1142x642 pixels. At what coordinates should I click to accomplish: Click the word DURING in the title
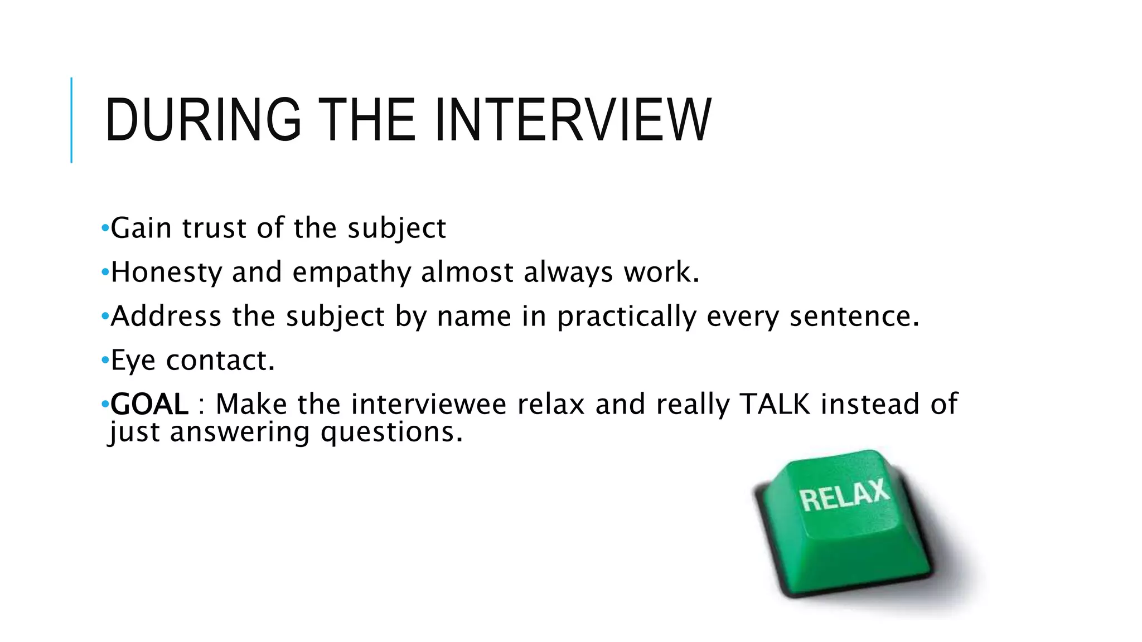(x=203, y=120)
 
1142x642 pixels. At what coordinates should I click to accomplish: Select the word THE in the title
(x=369, y=120)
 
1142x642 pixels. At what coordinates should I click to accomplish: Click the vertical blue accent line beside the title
(x=71, y=120)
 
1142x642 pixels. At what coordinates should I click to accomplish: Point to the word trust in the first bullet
(x=214, y=228)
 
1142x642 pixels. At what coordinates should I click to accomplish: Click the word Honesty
(x=166, y=273)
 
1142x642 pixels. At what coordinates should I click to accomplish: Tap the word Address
(x=166, y=316)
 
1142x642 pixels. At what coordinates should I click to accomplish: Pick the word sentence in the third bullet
(x=854, y=316)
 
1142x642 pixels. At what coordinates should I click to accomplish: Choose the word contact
(x=220, y=361)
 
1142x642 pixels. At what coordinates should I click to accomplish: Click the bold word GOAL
(x=149, y=404)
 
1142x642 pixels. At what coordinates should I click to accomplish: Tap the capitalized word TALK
(x=775, y=404)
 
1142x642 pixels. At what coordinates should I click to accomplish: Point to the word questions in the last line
(x=391, y=432)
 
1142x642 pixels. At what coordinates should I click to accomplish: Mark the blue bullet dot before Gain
(x=105, y=228)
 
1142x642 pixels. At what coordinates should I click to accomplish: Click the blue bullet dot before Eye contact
(x=105, y=361)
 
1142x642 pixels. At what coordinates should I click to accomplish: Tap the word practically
(x=627, y=317)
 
